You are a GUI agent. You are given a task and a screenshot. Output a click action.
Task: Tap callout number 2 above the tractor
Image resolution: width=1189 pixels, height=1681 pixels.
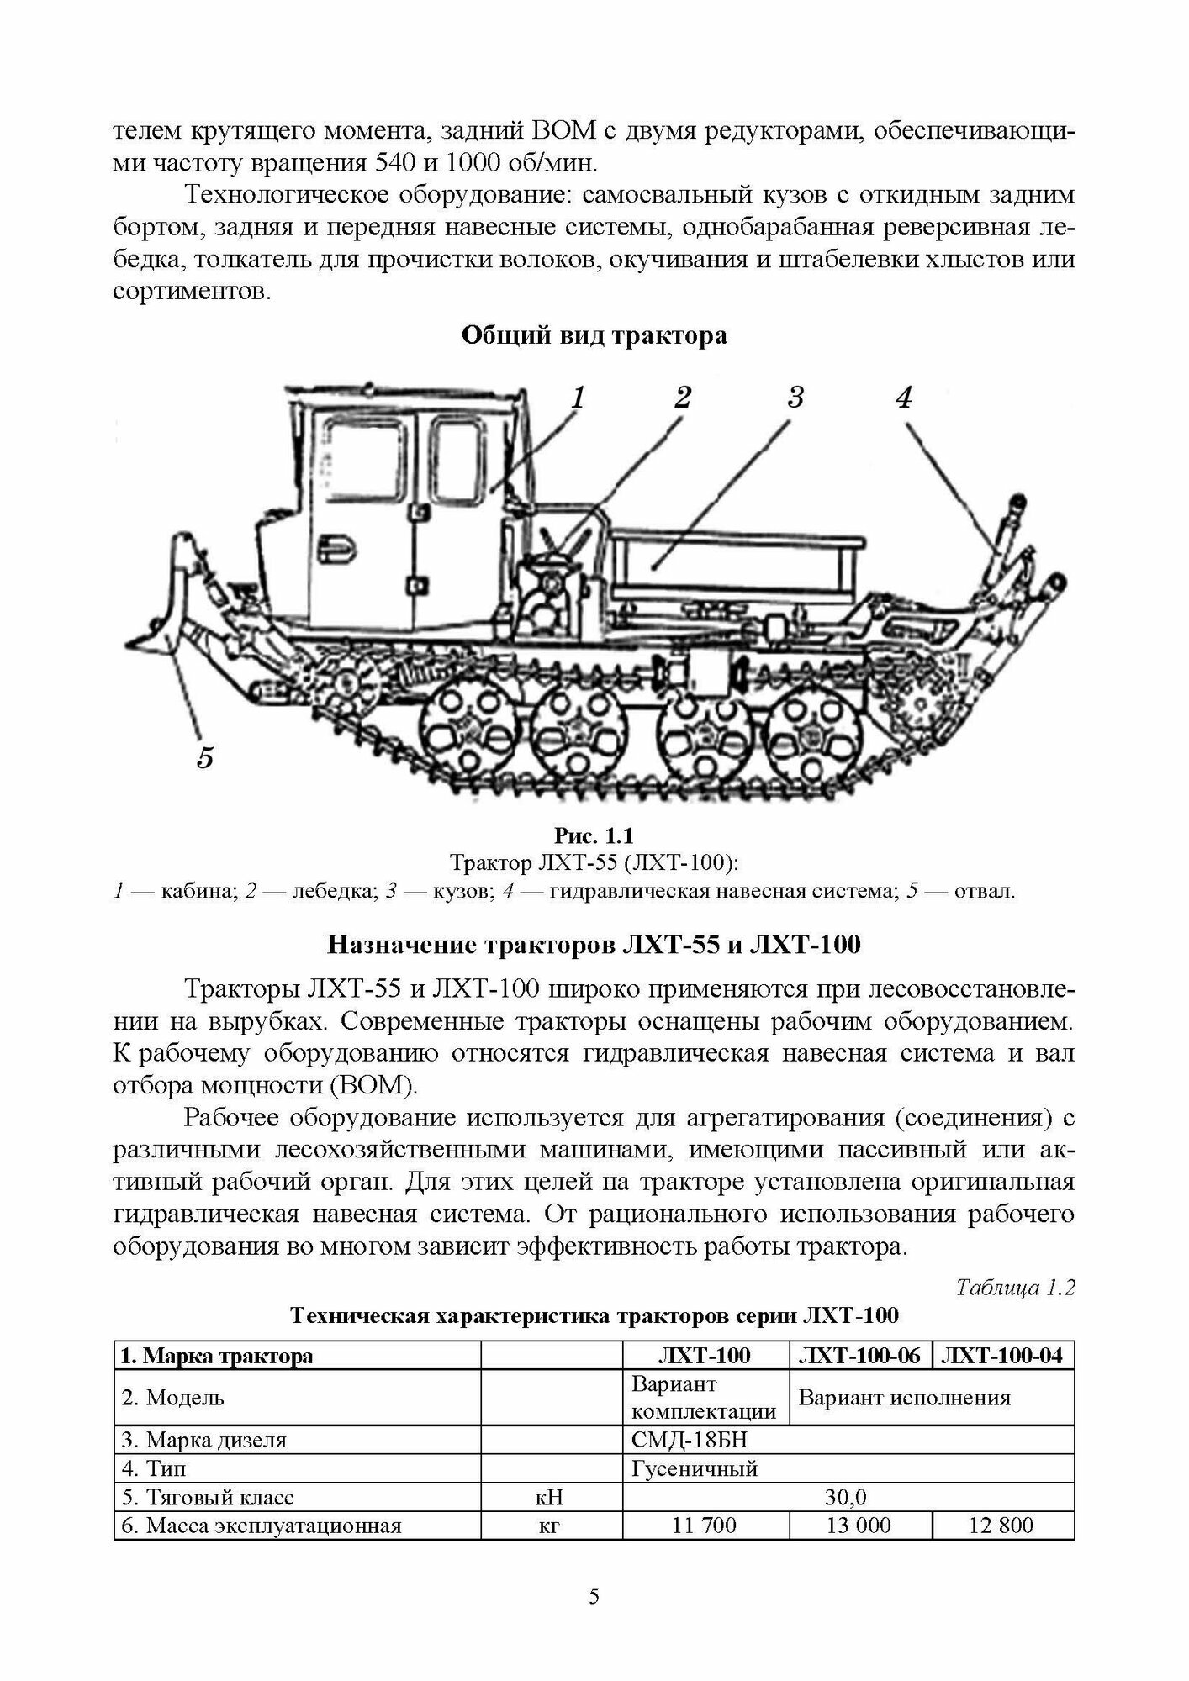click(682, 398)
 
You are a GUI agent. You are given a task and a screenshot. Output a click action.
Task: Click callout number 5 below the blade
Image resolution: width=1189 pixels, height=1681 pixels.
click(205, 757)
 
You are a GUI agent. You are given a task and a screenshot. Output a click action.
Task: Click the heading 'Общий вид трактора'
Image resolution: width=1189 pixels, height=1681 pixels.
click(594, 336)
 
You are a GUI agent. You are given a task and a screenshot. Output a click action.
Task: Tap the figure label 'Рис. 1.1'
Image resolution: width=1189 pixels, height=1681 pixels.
click(594, 835)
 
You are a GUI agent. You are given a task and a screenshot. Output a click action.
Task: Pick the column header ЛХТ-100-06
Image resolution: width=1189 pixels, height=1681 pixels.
click(859, 1356)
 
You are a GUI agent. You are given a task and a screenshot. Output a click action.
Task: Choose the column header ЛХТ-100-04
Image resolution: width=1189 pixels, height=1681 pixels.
click(1002, 1356)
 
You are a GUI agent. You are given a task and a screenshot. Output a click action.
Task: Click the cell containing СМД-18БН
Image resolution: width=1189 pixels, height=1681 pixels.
click(689, 1440)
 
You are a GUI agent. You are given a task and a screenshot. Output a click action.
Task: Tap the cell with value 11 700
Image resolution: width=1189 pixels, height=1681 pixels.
click(705, 1525)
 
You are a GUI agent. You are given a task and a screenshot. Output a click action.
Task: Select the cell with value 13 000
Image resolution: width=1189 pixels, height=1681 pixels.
click(859, 1525)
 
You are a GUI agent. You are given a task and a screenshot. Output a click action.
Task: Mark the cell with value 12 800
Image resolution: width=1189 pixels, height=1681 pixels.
click(1001, 1525)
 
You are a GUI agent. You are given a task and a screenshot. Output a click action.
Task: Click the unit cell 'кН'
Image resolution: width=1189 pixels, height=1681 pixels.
click(550, 1497)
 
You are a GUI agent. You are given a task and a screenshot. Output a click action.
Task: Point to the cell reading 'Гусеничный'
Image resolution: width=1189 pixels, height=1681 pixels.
click(694, 1468)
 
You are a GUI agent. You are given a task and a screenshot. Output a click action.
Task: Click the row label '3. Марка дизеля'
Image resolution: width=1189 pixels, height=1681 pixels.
click(204, 1440)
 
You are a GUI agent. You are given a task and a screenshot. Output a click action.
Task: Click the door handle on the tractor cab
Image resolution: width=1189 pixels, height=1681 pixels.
click(338, 547)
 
